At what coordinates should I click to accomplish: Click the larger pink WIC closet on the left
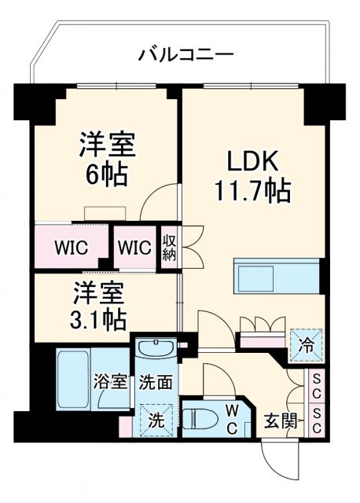72,247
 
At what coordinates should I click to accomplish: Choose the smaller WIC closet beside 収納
134,247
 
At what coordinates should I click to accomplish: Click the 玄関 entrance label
280,420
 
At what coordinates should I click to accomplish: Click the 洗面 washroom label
156,384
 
